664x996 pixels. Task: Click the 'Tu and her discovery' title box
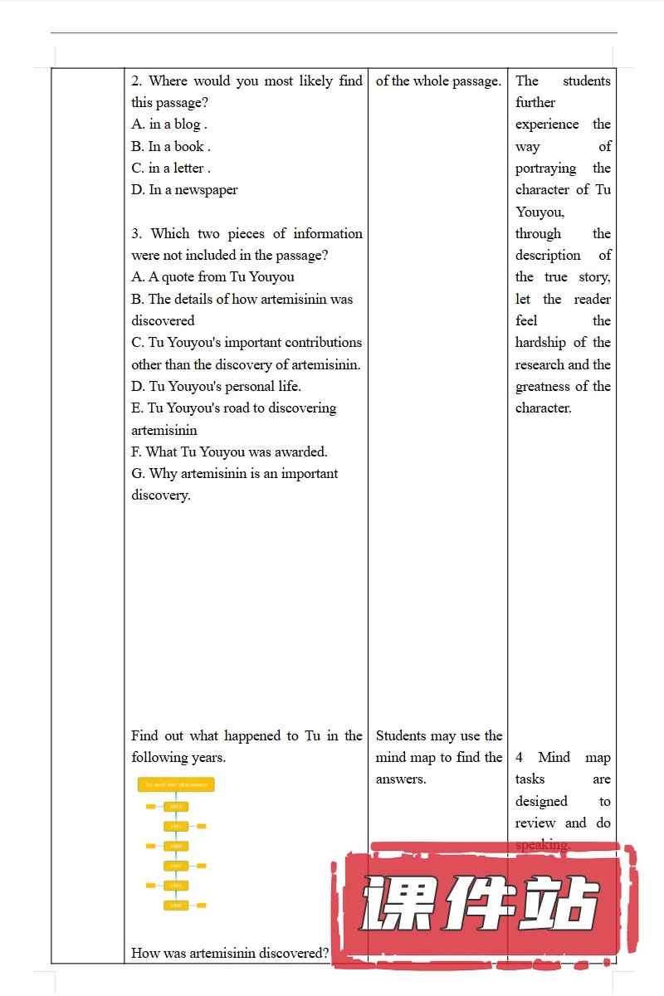point(176,784)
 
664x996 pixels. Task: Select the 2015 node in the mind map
point(176,806)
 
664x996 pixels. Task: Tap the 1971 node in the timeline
point(176,827)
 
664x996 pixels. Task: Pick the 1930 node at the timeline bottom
point(176,905)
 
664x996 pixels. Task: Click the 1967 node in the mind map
point(176,866)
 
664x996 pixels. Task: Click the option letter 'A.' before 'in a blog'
point(138,124)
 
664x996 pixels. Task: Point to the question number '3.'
point(137,234)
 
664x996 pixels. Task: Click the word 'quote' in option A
point(177,277)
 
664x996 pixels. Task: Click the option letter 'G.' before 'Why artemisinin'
point(139,474)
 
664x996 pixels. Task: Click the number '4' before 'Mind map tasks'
point(520,758)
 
